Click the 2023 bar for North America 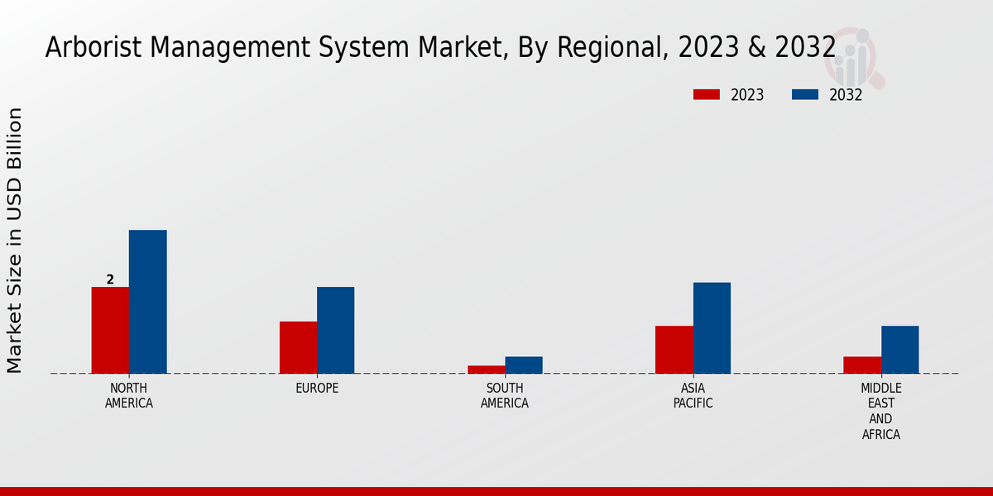[x=110, y=330]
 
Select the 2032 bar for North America [x=147, y=302]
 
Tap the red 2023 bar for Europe [x=298, y=347]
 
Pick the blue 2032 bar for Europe [x=335, y=330]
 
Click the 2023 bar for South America [x=486, y=370]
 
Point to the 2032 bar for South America [x=524, y=365]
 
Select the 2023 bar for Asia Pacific [x=674, y=350]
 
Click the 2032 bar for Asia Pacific [x=712, y=327]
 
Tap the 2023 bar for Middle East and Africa [x=862, y=365]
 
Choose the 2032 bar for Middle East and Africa [x=899, y=350]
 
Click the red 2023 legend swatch [x=706, y=94]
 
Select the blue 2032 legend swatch [x=804, y=94]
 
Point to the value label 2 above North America [x=110, y=279]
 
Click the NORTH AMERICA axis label [x=129, y=396]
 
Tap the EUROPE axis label [x=317, y=389]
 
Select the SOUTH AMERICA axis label [x=505, y=396]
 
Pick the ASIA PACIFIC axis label [x=693, y=396]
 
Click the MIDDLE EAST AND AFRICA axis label [x=881, y=411]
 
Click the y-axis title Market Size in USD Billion [x=15, y=240]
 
